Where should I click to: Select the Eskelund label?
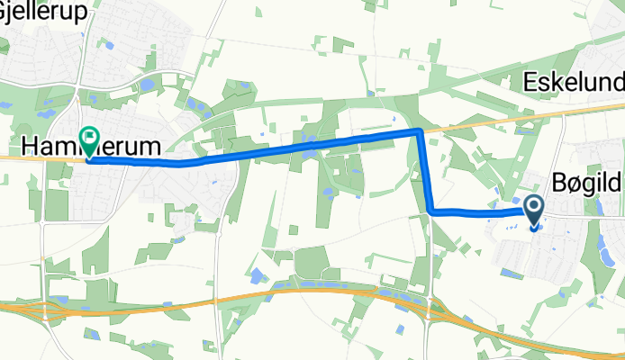pyautogui.click(x=574, y=83)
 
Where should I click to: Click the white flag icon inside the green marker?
pyautogui.click(x=90, y=138)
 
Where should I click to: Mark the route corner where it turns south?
pyautogui.click(x=420, y=131)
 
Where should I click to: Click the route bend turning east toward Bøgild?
pyautogui.click(x=432, y=211)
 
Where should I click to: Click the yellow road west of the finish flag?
pyautogui.click(x=36, y=158)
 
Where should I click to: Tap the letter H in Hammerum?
pyautogui.click(x=31, y=146)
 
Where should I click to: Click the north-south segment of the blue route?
pyautogui.click(x=426, y=171)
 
